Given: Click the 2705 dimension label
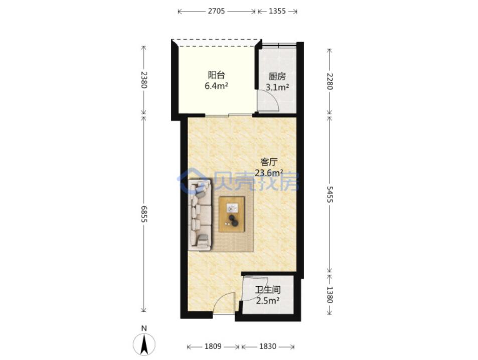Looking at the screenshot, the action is (x=216, y=11).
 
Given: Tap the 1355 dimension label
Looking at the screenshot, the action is (x=277, y=11).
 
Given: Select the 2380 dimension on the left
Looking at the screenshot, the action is (x=144, y=80).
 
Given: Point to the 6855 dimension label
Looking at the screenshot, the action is (x=144, y=214).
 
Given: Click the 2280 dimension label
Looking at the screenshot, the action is (x=329, y=81).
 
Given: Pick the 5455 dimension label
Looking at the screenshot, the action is (x=329, y=194).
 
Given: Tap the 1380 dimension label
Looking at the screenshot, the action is (x=329, y=294).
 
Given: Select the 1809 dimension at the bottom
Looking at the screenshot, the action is (x=213, y=346).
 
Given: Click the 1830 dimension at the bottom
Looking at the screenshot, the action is (x=268, y=346).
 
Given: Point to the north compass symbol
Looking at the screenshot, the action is (x=144, y=344).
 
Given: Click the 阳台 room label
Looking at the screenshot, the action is (x=216, y=75).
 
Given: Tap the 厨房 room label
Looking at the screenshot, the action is (x=277, y=76).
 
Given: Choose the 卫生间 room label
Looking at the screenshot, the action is (x=268, y=290).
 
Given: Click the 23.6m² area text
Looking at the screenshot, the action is (x=269, y=173).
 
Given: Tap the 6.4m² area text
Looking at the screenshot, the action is (x=217, y=86).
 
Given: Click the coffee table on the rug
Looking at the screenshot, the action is (x=232, y=214).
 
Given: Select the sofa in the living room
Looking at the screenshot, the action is (x=200, y=215).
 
